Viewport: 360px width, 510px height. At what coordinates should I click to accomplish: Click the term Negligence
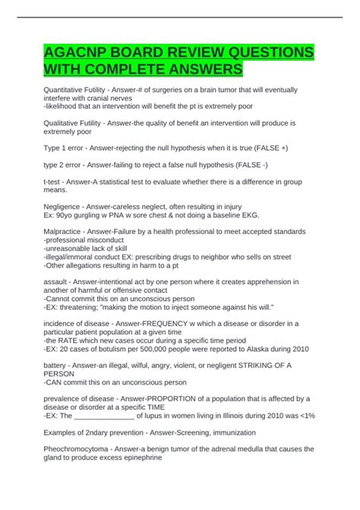[x=68, y=207]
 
